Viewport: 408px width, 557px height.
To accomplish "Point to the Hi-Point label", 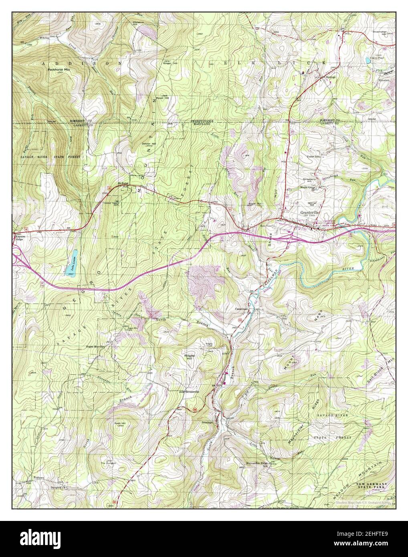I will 123,183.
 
